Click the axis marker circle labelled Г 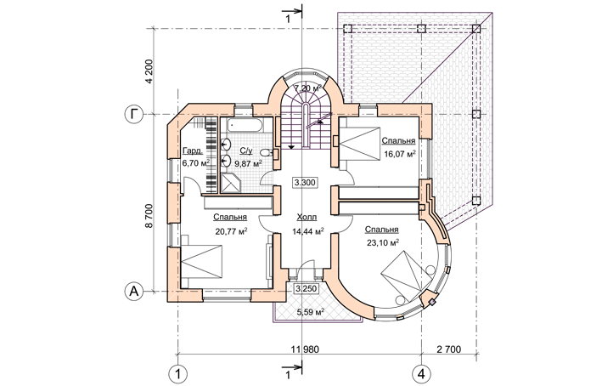(x=133, y=113)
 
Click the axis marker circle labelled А (x=133, y=291)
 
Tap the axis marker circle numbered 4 (x=420, y=372)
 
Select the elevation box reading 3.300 (x=305, y=182)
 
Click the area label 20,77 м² (x=231, y=230)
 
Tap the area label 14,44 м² (x=307, y=231)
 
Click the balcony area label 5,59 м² (x=310, y=312)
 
